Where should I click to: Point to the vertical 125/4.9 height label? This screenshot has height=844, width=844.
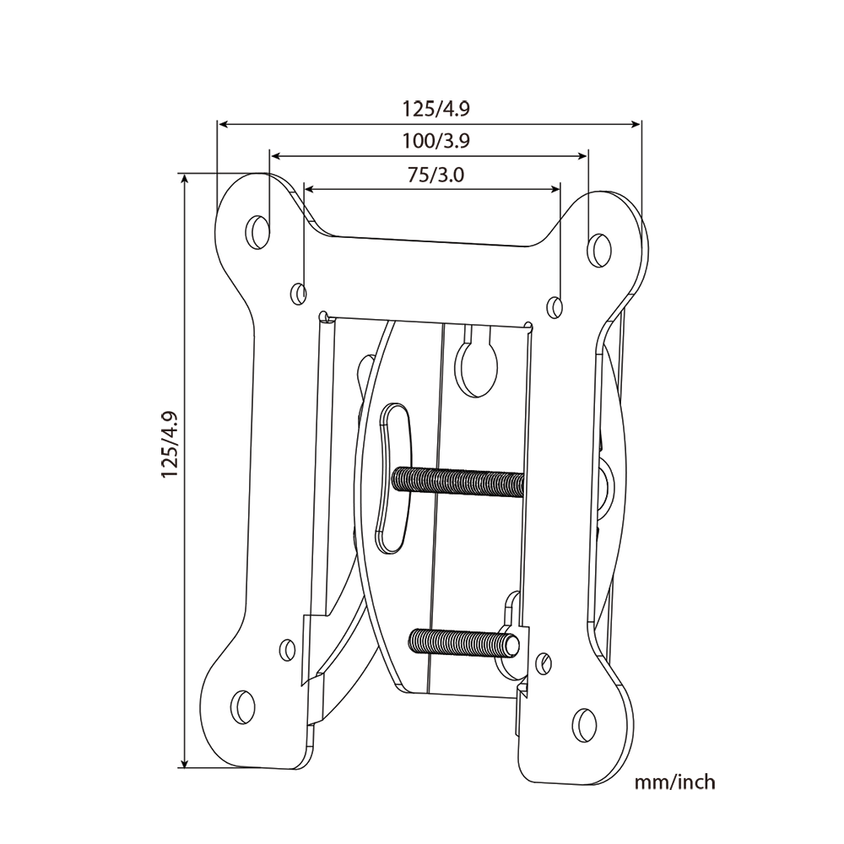[x=170, y=445]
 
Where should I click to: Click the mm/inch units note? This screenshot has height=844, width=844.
[x=674, y=782]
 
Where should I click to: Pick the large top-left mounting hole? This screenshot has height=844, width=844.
[x=257, y=230]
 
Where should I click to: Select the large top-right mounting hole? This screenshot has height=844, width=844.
[x=598, y=247]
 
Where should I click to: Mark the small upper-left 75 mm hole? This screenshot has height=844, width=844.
[x=299, y=294]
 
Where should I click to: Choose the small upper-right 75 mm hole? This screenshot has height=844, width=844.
[x=555, y=306]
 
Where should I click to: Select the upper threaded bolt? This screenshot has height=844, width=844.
[x=458, y=481]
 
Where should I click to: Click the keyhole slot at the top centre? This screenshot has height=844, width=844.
[x=477, y=361]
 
